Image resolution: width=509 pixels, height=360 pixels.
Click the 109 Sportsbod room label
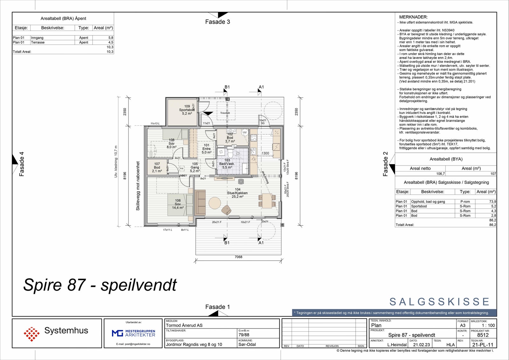click(x=187, y=110)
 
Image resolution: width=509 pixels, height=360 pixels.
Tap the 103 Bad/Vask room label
click(x=227, y=164)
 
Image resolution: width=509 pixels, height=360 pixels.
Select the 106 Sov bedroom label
click(x=178, y=204)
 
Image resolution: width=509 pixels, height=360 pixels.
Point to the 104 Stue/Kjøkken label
click(x=237, y=193)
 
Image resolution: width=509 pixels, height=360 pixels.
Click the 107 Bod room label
click(x=157, y=167)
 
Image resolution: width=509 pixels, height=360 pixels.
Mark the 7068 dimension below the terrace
click(x=238, y=257)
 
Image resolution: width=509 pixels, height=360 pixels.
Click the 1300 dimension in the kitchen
click(x=265, y=153)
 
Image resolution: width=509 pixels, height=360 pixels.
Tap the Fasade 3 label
click(x=217, y=22)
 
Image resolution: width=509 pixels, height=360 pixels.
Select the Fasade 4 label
click(x=22, y=164)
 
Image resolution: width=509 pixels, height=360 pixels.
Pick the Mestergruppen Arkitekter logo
click(x=133, y=333)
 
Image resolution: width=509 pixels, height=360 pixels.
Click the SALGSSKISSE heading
click(x=439, y=302)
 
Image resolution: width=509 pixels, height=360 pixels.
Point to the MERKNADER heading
click(x=413, y=17)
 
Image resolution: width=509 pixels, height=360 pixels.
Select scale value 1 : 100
click(x=488, y=325)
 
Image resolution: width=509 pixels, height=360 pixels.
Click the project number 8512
click(x=483, y=335)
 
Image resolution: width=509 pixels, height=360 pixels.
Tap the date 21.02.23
click(x=421, y=345)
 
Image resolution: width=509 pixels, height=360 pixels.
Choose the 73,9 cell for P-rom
click(x=492, y=201)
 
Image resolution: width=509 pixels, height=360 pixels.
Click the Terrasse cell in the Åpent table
click(x=38, y=42)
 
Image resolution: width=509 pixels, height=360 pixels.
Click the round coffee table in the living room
click(x=215, y=203)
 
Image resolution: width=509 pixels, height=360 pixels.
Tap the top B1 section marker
click(x=227, y=87)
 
